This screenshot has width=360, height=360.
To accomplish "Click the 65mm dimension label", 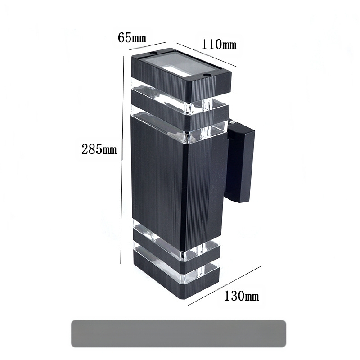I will tap(132, 37).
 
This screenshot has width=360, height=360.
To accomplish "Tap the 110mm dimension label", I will tap(219, 45).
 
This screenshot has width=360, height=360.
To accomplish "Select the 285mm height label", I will tap(99, 149).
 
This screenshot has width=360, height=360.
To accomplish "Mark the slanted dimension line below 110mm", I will tap(206, 55).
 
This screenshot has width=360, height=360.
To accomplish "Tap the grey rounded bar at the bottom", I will tap(178, 333).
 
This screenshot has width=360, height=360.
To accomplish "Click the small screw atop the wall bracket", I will tap(231, 122).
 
